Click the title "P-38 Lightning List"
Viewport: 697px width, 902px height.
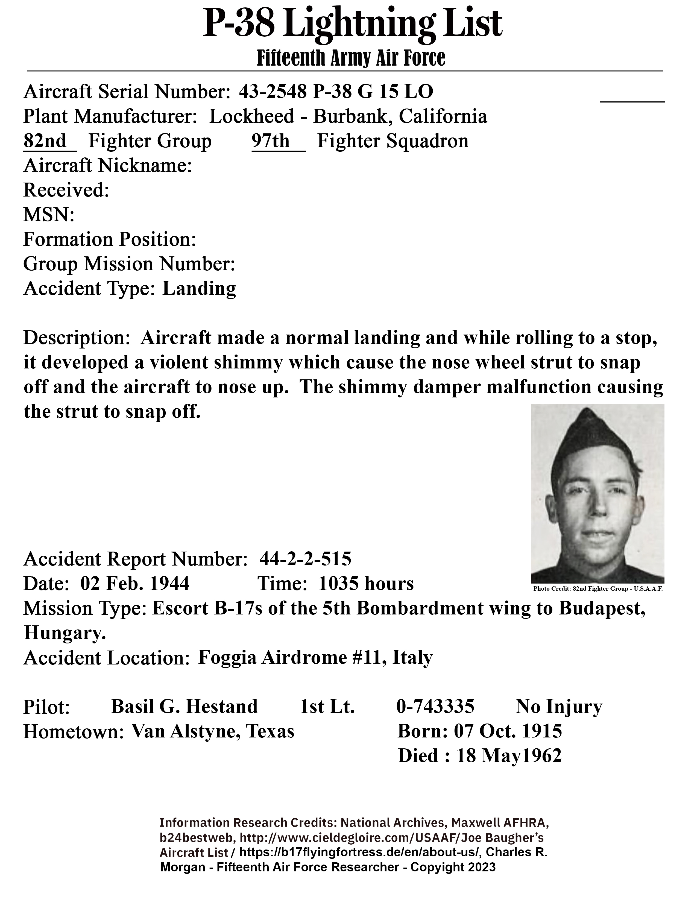point(352,24)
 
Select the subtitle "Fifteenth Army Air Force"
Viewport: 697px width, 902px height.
point(351,58)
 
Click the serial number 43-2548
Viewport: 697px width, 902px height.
point(273,92)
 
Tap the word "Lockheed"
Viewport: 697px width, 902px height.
point(251,116)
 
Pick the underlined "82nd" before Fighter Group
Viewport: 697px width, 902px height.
point(45,141)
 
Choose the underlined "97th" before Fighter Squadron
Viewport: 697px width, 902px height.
point(271,141)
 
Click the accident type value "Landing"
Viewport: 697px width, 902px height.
point(199,288)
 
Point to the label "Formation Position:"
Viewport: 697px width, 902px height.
point(109,239)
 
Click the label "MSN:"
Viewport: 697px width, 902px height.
point(49,215)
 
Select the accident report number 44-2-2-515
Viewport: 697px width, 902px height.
point(305,559)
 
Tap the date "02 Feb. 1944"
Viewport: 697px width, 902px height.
point(134,584)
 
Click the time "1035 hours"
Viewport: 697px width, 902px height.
point(366,584)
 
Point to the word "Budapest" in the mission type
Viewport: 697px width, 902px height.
point(602,608)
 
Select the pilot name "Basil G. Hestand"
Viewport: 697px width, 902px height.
point(184,707)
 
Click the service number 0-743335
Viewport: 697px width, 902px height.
point(435,707)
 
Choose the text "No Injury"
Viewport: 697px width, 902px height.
point(559,707)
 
